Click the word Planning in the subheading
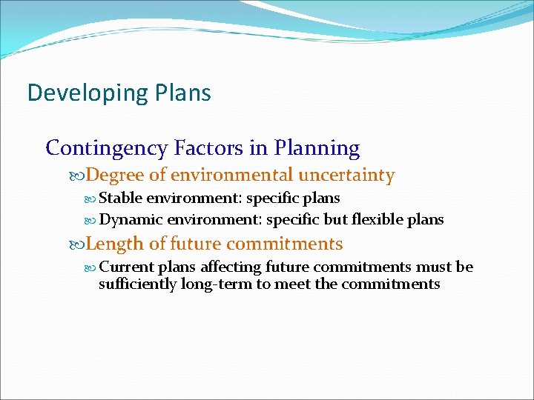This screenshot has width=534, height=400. pos(317,149)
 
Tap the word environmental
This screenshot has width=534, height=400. pos(231,176)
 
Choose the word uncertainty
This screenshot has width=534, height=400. pos(346,176)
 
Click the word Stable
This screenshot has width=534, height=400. pos(120,199)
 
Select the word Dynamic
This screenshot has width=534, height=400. pos(131,220)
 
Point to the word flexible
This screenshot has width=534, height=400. pos(378,220)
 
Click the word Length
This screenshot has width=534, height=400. pos(114,244)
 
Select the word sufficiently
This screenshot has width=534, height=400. pos(137,284)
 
